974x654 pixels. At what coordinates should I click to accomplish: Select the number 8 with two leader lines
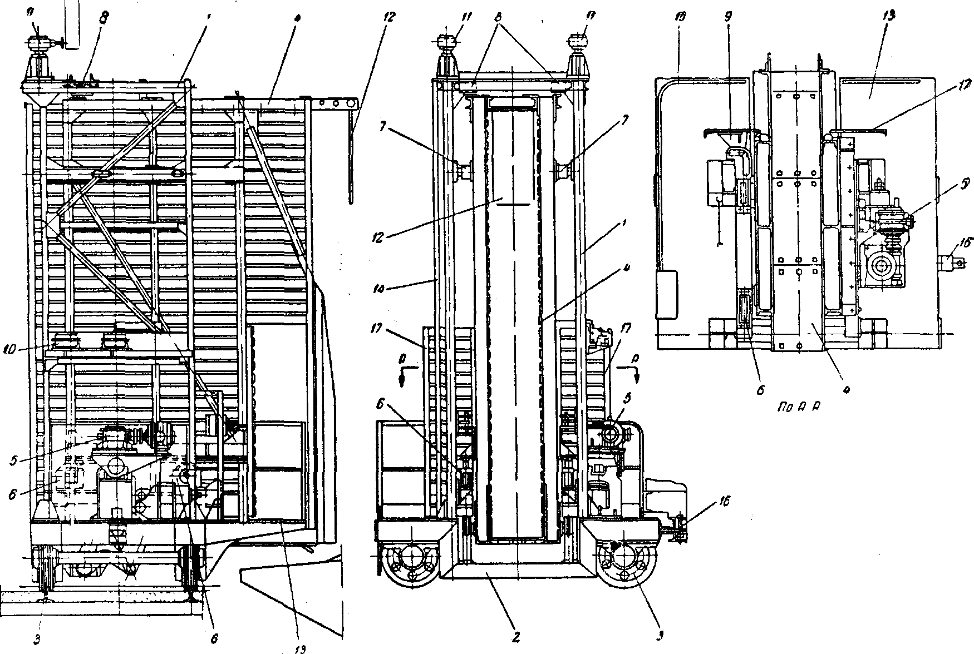pos(499,17)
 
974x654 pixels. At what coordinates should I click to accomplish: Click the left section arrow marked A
pos(401,370)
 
